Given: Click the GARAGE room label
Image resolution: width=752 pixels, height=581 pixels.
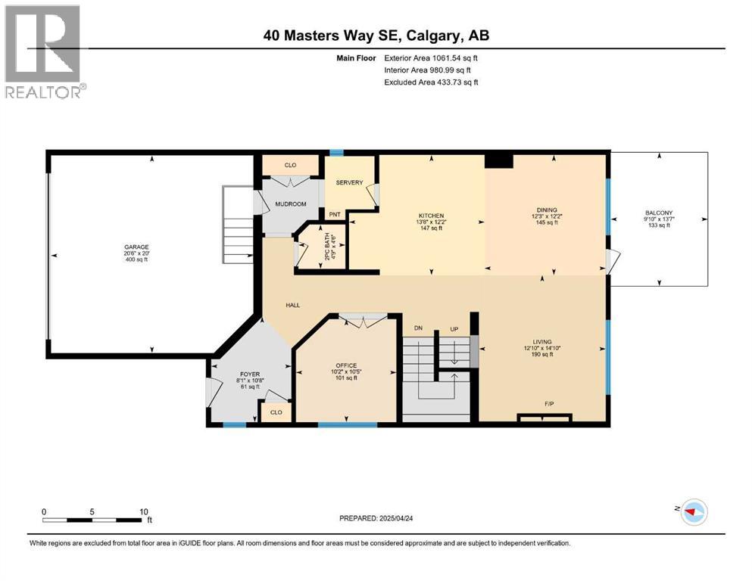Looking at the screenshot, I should [x=137, y=247].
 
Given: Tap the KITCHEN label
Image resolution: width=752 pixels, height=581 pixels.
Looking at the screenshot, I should [x=432, y=216].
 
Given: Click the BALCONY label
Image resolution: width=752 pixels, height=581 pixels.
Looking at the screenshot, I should [x=658, y=213].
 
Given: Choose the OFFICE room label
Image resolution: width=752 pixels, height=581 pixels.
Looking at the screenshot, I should [x=345, y=365].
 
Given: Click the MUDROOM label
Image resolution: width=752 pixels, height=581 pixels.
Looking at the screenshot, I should [x=290, y=204].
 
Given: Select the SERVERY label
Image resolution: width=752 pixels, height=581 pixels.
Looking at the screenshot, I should [x=350, y=182].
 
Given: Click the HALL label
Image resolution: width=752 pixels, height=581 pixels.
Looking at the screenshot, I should [x=293, y=305].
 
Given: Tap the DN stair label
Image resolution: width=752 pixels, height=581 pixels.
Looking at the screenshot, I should [x=417, y=328].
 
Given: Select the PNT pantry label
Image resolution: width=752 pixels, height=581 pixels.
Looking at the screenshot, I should [x=333, y=214].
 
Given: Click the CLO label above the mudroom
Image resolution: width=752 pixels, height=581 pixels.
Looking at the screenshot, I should [x=290, y=164].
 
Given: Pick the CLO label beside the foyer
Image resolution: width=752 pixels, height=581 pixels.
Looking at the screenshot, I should [x=276, y=412].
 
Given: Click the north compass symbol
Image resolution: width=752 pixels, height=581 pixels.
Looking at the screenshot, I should [x=693, y=512].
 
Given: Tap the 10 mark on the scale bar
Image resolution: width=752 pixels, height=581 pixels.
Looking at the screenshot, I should [x=143, y=511].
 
